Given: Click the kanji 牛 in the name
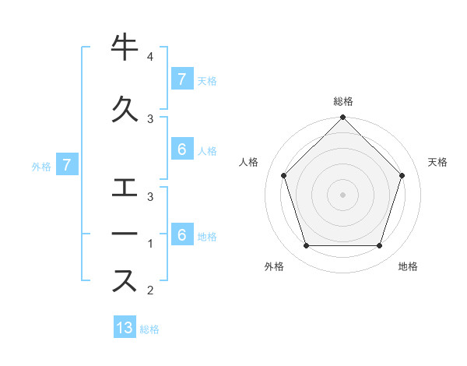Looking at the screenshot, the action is tap(125, 47).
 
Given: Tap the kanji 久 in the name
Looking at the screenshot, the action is tap(125, 109).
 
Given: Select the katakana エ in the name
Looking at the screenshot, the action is tap(125, 188).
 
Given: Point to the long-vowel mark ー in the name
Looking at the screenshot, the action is tap(125, 234).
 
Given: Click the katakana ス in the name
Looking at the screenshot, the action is tap(125, 280).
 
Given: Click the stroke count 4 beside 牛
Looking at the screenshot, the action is tap(150, 56).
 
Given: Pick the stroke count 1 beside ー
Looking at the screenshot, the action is tap(150, 244).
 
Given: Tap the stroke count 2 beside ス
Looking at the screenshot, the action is tap(150, 290).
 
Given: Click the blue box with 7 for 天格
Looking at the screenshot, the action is tap(183, 79).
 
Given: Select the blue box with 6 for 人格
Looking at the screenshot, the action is tap(183, 149).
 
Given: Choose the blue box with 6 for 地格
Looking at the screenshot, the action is tap(183, 234).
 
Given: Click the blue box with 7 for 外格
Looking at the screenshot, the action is tap(67, 164).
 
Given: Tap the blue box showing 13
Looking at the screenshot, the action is tap(125, 326).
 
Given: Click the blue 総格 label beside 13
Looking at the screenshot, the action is tap(149, 329).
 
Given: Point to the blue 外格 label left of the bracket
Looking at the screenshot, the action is tap(41, 167).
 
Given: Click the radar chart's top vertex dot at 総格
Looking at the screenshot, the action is tap(342, 117).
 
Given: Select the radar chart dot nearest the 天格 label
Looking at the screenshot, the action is tap(402, 175).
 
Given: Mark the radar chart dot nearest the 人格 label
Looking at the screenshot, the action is tap(284, 175).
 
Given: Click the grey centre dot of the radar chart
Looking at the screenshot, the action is tap(342, 195).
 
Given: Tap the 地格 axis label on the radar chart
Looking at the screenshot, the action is tap(408, 266).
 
